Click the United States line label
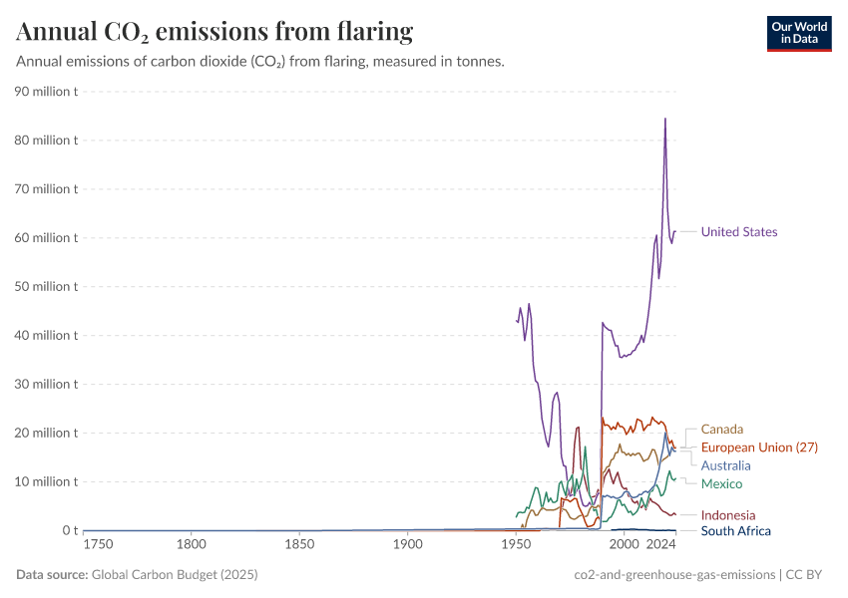(x=738, y=232)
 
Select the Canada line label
(x=722, y=430)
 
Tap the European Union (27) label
(x=759, y=448)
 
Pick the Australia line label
(x=725, y=465)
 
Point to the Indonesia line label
(x=728, y=515)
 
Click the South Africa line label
(x=735, y=531)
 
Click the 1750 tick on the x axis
(x=98, y=545)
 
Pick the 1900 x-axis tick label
(x=407, y=545)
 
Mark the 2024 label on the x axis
(x=660, y=545)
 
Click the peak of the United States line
(x=665, y=119)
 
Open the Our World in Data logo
(x=799, y=33)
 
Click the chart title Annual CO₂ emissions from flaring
(x=214, y=32)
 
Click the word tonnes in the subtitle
(x=479, y=62)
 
